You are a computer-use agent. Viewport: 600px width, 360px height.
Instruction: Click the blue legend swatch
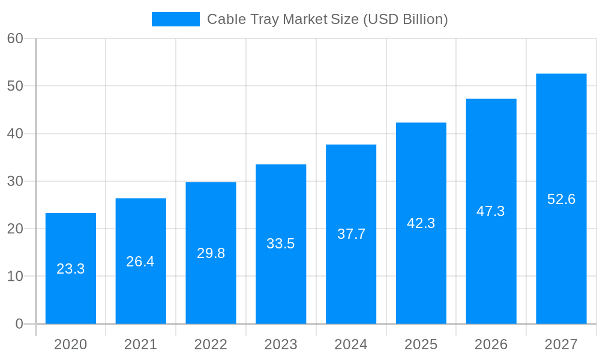coord(175,19)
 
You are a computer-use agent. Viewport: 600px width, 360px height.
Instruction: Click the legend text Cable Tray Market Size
coord(327,19)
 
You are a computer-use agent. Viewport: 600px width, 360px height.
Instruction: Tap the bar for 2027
coord(561,252)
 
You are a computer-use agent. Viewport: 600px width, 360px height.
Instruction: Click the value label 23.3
coord(71,269)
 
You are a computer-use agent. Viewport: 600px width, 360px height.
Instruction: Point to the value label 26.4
coord(140,262)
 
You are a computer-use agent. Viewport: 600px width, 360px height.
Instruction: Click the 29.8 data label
coord(211,253)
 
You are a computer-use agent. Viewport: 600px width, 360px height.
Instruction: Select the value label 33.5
coord(281,244)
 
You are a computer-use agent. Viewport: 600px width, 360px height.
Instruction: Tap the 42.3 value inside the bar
coord(421,223)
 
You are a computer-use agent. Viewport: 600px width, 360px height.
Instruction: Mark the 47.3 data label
coord(491,211)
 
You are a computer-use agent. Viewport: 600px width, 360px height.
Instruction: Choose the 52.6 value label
coord(561,199)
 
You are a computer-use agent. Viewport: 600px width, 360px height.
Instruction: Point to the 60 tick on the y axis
coord(15,38)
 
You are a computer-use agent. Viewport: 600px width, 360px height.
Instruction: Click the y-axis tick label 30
coord(15,181)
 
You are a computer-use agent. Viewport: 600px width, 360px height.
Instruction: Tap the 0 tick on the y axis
coord(19,324)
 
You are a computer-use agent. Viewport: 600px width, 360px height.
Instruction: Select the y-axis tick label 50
coord(15,86)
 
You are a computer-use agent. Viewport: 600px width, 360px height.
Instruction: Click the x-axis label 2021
coord(140,344)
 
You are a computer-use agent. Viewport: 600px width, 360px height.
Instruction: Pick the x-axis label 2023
coord(281,344)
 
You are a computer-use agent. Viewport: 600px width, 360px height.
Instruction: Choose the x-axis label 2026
coord(491,344)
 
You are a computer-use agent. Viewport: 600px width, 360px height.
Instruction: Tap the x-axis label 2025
coord(421,344)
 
